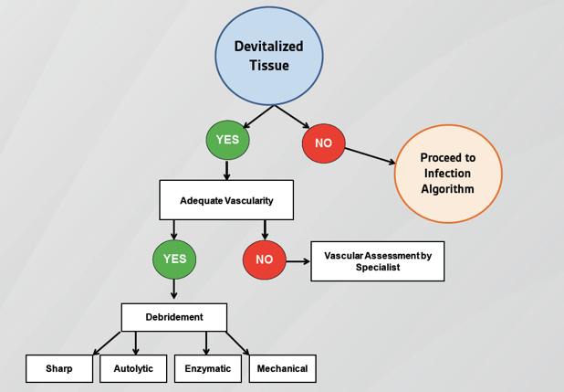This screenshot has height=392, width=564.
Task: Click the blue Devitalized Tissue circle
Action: [x=269, y=56]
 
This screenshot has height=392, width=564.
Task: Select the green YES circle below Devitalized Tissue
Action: [x=227, y=140]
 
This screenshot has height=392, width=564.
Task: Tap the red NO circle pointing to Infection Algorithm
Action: [x=324, y=143]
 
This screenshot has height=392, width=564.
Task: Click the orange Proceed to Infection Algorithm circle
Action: [x=448, y=174]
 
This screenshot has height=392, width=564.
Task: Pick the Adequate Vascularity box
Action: [x=226, y=200]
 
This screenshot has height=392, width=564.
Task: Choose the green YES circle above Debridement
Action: [x=174, y=260]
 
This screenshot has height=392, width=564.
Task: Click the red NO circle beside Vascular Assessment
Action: [x=265, y=260]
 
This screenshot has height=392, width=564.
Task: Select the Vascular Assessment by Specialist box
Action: [x=378, y=261]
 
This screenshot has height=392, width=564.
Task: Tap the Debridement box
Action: [x=174, y=317]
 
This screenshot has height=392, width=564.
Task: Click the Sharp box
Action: [x=59, y=368]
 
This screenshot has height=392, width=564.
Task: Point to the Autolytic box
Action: [x=133, y=368]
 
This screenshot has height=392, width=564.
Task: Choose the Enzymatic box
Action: [x=208, y=368]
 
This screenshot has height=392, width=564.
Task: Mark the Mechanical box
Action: [x=283, y=368]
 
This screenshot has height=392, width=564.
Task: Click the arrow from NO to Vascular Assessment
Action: [x=298, y=261]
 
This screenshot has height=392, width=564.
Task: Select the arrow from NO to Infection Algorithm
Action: [x=370, y=155]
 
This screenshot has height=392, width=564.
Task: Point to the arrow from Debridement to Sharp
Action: [x=107, y=343]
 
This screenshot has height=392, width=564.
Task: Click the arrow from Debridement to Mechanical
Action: [x=237, y=343]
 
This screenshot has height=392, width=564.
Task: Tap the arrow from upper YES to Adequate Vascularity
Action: [x=226, y=170]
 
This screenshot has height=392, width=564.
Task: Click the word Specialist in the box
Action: [x=378, y=268]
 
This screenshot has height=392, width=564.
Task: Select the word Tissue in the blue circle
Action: [x=269, y=65]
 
